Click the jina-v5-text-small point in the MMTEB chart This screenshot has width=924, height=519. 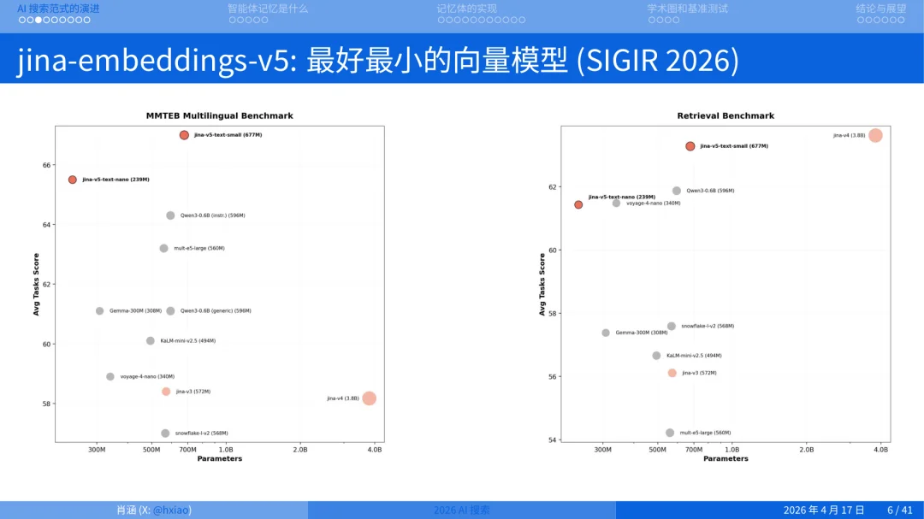184,135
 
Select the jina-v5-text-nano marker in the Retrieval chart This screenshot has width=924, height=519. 578,204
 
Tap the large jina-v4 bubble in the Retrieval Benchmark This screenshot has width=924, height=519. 875,135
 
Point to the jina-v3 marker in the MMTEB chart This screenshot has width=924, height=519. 166,392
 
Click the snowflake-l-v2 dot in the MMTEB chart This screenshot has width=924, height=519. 165,433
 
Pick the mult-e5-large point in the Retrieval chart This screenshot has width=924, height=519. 670,433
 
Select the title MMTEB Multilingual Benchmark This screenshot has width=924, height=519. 219,115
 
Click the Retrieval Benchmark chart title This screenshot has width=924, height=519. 726,115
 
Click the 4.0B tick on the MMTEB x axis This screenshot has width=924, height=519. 374,450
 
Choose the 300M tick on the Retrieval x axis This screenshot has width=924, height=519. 603,450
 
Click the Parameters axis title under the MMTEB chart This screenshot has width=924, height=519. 220,459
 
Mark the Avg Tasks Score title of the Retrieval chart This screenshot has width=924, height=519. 542,285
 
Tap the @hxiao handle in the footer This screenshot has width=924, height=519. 171,510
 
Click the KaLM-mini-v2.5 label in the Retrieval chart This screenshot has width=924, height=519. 694,356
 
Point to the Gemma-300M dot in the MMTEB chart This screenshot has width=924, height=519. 100,311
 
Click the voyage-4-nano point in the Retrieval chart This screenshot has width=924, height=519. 616,203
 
